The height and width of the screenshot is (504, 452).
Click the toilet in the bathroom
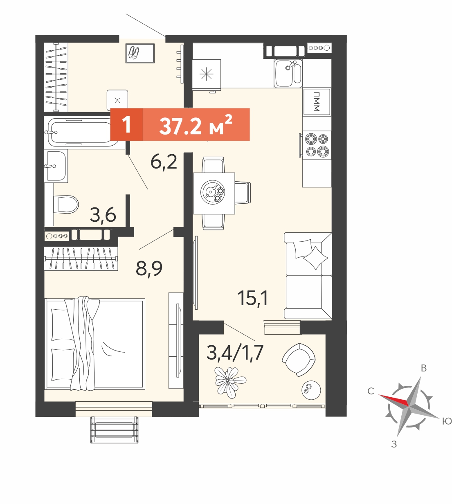click(x=66, y=204)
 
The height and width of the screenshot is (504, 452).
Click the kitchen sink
click(x=288, y=73)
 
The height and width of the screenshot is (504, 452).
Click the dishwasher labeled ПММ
click(x=317, y=101)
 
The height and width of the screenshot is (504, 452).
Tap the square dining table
click(x=214, y=193)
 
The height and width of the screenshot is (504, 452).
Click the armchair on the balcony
click(x=299, y=359)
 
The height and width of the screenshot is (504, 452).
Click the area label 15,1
click(x=252, y=298)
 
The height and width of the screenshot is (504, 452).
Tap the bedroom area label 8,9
click(x=149, y=269)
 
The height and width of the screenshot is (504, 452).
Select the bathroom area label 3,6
click(x=103, y=215)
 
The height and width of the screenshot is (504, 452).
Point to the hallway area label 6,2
click(x=164, y=162)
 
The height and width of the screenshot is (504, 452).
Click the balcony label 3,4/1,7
click(x=235, y=353)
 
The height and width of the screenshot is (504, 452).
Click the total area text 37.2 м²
click(x=196, y=125)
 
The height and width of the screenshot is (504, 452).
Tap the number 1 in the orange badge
click(x=127, y=125)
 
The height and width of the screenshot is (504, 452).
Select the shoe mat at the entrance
click(x=140, y=53)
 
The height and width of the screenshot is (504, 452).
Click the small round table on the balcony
click(x=311, y=390)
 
